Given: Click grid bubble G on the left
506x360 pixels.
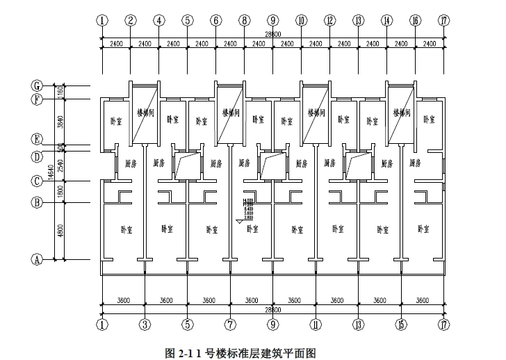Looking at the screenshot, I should point(38,86).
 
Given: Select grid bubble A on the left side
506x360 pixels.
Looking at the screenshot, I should point(38,260).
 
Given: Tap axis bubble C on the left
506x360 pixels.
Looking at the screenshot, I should point(38,181).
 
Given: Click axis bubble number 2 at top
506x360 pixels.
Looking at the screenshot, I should point(131,21).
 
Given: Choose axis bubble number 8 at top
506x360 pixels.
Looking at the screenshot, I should point(245,21).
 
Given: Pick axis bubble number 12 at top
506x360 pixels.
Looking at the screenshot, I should point(329,21).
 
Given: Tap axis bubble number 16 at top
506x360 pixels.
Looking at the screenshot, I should point(415,21).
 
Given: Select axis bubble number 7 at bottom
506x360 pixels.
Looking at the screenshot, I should point(230,324).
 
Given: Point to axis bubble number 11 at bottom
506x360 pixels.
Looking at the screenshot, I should point(316,324).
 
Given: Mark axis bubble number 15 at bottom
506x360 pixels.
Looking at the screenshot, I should point(401,324).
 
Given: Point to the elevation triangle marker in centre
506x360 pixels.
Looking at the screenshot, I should point(240,222).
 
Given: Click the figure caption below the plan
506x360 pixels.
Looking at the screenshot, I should point(240,353).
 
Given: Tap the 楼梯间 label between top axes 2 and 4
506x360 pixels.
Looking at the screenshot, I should point(145,111).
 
